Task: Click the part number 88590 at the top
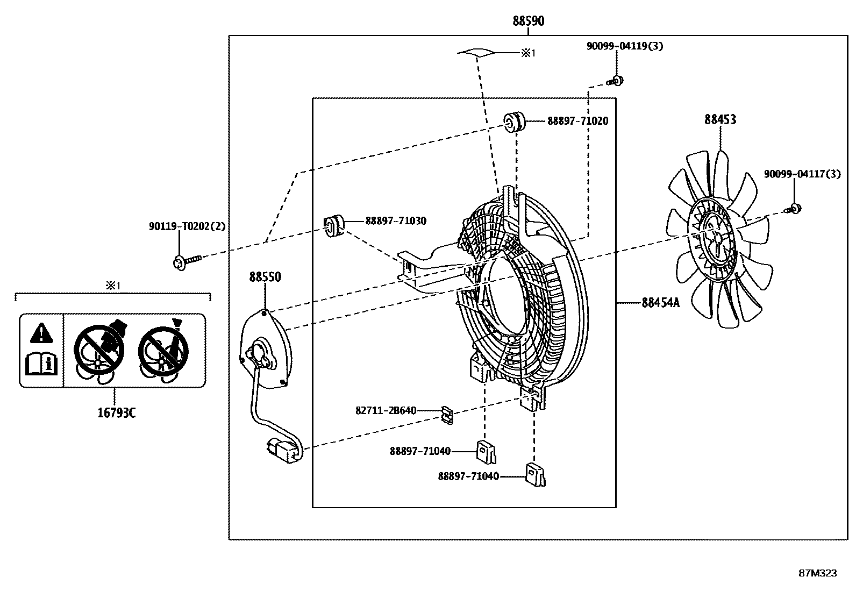[528, 21]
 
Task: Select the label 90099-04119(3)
[624, 46]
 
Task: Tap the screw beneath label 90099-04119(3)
[616, 81]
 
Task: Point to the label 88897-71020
[578, 121]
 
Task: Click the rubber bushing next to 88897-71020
[515, 122]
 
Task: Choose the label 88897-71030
[396, 221]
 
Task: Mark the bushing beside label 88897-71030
[333, 225]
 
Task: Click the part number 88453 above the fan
[720, 119]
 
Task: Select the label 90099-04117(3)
[802, 174]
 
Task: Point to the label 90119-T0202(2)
[187, 227]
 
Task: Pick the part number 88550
[265, 277]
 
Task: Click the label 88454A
[660, 303]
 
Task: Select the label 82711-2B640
[386, 411]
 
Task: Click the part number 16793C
[116, 413]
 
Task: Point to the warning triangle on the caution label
[41, 333]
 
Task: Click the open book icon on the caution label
[41, 364]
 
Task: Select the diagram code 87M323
[817, 573]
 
